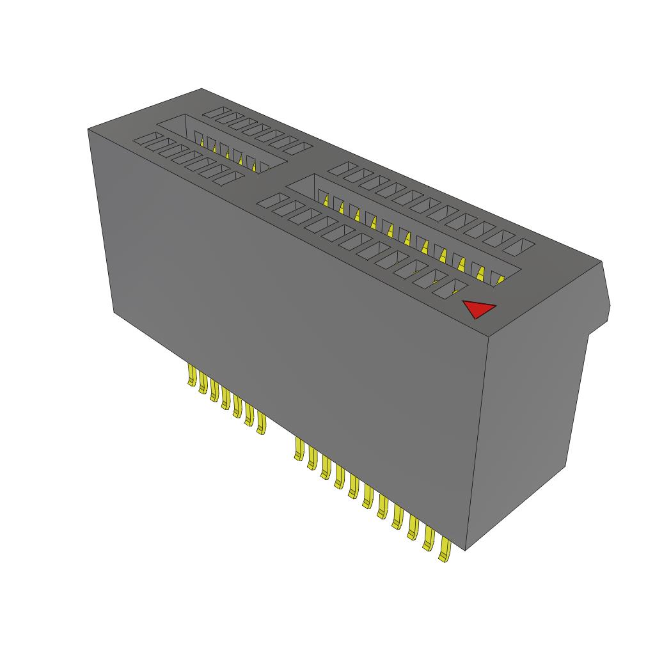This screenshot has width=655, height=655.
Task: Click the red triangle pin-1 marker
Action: (478, 309)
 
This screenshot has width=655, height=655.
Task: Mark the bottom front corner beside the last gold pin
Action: (465, 549)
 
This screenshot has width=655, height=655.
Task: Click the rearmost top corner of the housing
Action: (202, 89)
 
